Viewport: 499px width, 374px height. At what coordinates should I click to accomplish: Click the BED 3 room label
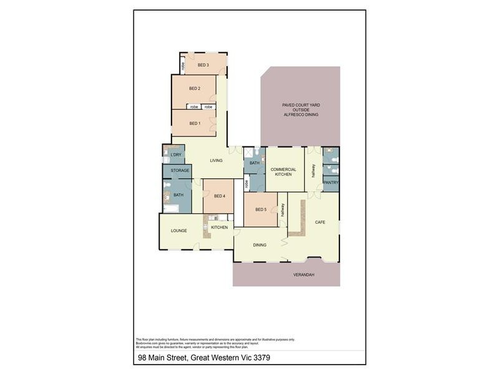click(x=203, y=65)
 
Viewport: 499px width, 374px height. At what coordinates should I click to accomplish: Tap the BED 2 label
click(x=194, y=89)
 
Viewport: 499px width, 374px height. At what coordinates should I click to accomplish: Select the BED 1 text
click(x=195, y=123)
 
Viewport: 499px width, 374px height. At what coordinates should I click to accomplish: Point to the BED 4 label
click(x=219, y=196)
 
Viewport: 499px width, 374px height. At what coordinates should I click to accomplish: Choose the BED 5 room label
click(x=261, y=209)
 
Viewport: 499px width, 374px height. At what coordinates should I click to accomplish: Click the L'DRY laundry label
click(x=176, y=155)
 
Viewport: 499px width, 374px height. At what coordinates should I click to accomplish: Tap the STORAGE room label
click(x=180, y=170)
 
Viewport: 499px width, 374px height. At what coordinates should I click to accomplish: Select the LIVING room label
click(x=216, y=161)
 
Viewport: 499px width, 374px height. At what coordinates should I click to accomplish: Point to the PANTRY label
click(x=330, y=183)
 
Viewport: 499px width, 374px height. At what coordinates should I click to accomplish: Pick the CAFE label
click(x=320, y=222)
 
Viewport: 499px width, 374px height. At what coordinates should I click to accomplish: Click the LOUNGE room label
click(x=179, y=231)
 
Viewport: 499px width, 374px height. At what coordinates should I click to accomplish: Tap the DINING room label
click(x=259, y=245)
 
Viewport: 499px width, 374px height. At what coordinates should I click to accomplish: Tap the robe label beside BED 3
click(x=183, y=65)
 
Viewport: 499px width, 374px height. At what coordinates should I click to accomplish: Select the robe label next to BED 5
click(x=247, y=184)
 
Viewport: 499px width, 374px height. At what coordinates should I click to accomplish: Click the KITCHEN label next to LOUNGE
click(x=219, y=228)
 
